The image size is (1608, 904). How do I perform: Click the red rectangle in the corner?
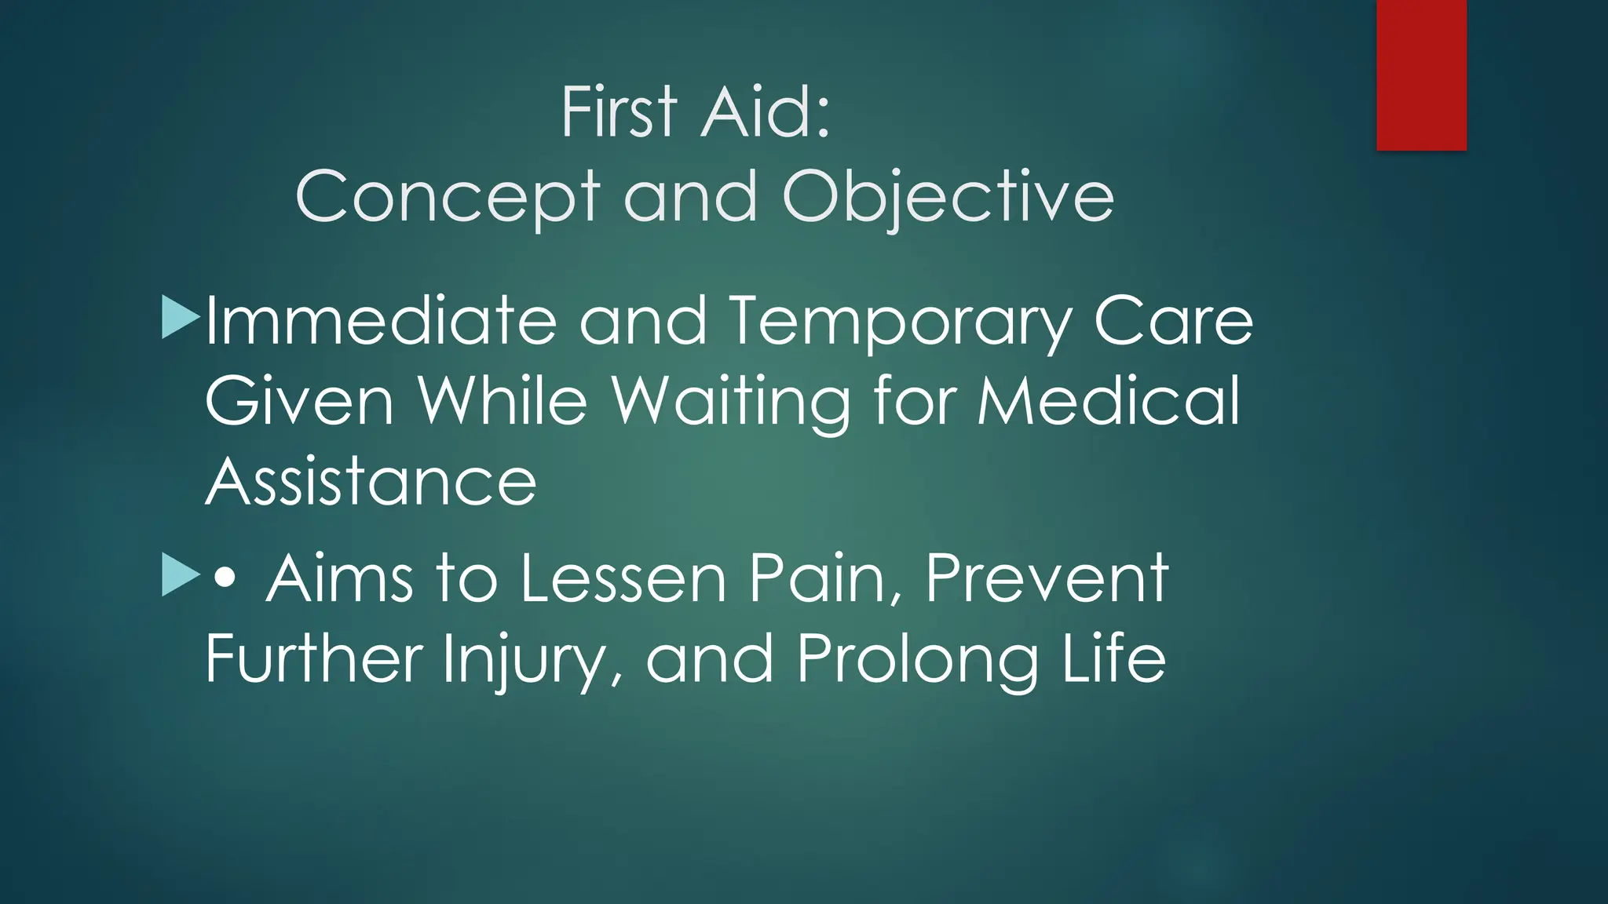1421,75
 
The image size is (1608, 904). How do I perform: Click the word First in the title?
619,113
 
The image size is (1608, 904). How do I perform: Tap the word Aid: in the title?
765,113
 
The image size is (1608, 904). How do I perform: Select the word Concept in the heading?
448,198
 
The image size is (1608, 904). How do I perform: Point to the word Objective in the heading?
948,198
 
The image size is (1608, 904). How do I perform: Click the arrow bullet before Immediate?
180,318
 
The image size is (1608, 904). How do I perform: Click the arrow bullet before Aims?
180,574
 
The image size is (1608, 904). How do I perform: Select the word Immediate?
382,322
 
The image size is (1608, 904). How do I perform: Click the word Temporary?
900,322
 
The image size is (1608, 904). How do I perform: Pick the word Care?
1173,322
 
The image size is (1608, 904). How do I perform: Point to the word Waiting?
730,402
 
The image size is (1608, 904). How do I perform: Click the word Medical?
1108,402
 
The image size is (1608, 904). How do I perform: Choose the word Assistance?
371,482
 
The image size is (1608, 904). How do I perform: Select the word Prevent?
1047,579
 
